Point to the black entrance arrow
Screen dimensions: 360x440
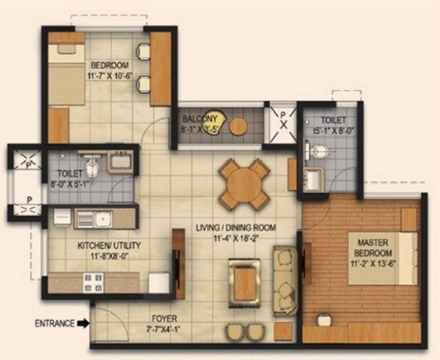click(84, 324)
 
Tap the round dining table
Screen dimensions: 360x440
click(244, 182)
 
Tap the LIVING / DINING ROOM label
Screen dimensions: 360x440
click(236, 227)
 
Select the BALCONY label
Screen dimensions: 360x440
click(202, 119)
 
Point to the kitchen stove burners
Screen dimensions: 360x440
click(94, 281)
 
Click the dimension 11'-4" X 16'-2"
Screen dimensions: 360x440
click(236, 237)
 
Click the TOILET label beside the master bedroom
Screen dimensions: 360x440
click(334, 122)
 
